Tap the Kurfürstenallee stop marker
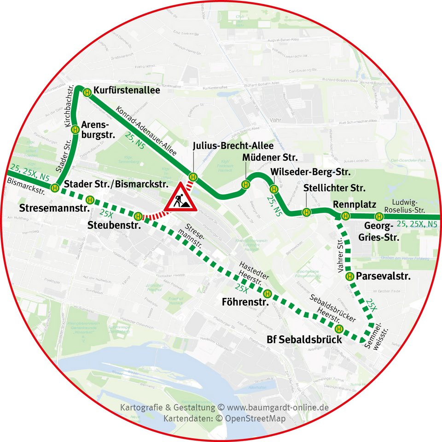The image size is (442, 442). pos(87,92)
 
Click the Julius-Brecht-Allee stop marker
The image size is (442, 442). pos(193,176)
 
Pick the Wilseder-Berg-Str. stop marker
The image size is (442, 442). pos(274,189)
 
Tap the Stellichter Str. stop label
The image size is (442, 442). pos(334,188)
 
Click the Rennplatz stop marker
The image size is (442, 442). pos(345,216)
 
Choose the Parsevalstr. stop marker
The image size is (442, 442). pos(349,276)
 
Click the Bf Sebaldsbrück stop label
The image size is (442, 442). pos(304,340)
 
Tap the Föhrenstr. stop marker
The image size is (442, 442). pos(268,294)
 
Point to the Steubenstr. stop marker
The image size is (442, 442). pos(137,215)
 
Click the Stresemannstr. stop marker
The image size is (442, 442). pos(91,200)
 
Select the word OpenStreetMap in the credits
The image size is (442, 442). pos(257,419)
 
